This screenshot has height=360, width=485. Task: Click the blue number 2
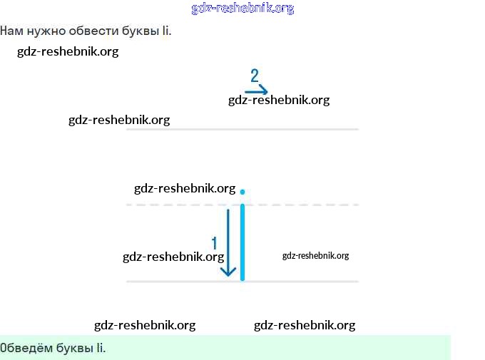pos(255,76)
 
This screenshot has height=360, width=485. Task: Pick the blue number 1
pos(214,244)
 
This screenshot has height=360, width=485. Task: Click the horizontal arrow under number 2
pos(256,91)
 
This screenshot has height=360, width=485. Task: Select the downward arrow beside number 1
pos(228,242)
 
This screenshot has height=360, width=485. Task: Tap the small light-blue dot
pos(242,192)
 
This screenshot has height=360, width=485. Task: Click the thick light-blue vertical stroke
pos(242,242)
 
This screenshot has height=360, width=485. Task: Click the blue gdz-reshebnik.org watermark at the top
pos(242,9)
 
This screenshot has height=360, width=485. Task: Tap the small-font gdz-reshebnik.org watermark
pos(315,256)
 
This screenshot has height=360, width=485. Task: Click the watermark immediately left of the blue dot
pos(185,188)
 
